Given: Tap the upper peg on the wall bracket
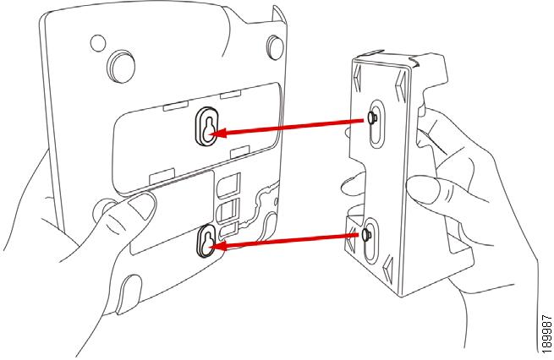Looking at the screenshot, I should coord(371,119).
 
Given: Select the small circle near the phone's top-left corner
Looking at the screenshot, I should coord(99,41).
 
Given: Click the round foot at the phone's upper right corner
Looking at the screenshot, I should coord(277,47).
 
